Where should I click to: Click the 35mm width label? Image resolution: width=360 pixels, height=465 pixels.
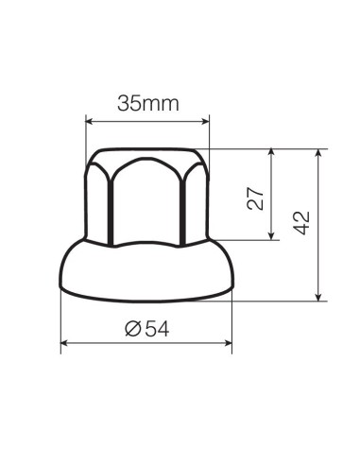click(147, 103)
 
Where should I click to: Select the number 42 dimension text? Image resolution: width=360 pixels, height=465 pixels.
click(302, 224)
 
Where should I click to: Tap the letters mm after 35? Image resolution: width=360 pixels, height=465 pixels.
click(162, 103)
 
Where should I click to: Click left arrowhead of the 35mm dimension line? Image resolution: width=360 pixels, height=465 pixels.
click(89, 120)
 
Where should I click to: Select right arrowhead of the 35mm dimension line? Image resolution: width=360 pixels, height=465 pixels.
click(205, 120)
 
